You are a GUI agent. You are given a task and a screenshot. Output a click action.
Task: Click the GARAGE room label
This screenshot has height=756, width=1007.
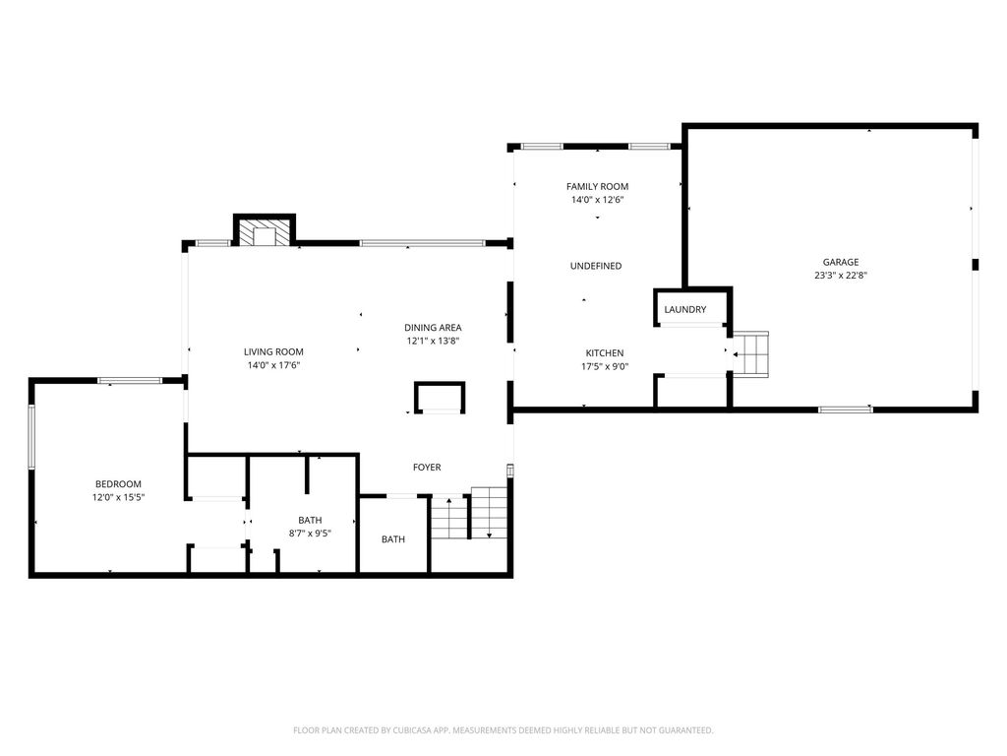pos(841,262)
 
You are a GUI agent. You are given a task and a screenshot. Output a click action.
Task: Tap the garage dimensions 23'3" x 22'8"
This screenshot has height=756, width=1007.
pos(841,276)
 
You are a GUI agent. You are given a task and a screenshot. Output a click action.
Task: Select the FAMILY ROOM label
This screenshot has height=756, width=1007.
pos(597,186)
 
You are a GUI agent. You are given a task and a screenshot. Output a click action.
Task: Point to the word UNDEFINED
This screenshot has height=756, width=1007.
pos(596,266)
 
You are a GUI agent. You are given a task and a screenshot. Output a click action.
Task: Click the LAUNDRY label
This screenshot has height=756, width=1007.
pos(685,309)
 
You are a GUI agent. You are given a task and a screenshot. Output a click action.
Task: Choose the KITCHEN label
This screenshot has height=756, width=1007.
pos(605,353)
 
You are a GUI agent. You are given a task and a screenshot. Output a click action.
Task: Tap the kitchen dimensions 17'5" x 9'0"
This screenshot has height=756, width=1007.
pos(605,366)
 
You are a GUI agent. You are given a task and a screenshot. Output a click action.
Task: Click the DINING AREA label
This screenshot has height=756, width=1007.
pos(433,327)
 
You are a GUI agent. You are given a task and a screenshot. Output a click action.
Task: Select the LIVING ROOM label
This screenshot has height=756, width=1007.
pos(273,351)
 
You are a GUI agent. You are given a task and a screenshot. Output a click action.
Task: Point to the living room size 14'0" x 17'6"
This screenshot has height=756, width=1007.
pos(273,365)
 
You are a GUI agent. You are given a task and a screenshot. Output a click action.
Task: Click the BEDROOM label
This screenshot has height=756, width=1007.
pos(118,484)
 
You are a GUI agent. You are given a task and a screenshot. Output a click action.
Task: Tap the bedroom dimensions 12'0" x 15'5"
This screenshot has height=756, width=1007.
pos(118,497)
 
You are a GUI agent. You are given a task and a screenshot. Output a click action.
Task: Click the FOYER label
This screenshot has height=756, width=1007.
pos(427,468)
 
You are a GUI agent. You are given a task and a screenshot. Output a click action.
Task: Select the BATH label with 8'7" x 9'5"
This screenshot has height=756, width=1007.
pos(310,520)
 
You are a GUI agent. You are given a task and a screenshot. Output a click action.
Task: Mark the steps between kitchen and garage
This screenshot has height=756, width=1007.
pos(750,353)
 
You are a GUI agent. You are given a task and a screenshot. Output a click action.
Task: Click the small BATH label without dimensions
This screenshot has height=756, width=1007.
pos(393,539)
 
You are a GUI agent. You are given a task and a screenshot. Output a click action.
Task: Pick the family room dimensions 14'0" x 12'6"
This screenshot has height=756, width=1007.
pos(597,199)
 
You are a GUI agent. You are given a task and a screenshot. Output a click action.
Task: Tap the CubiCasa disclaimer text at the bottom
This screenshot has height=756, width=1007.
pos(503,730)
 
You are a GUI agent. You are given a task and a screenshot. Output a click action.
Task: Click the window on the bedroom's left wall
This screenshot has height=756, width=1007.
pos(30,436)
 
